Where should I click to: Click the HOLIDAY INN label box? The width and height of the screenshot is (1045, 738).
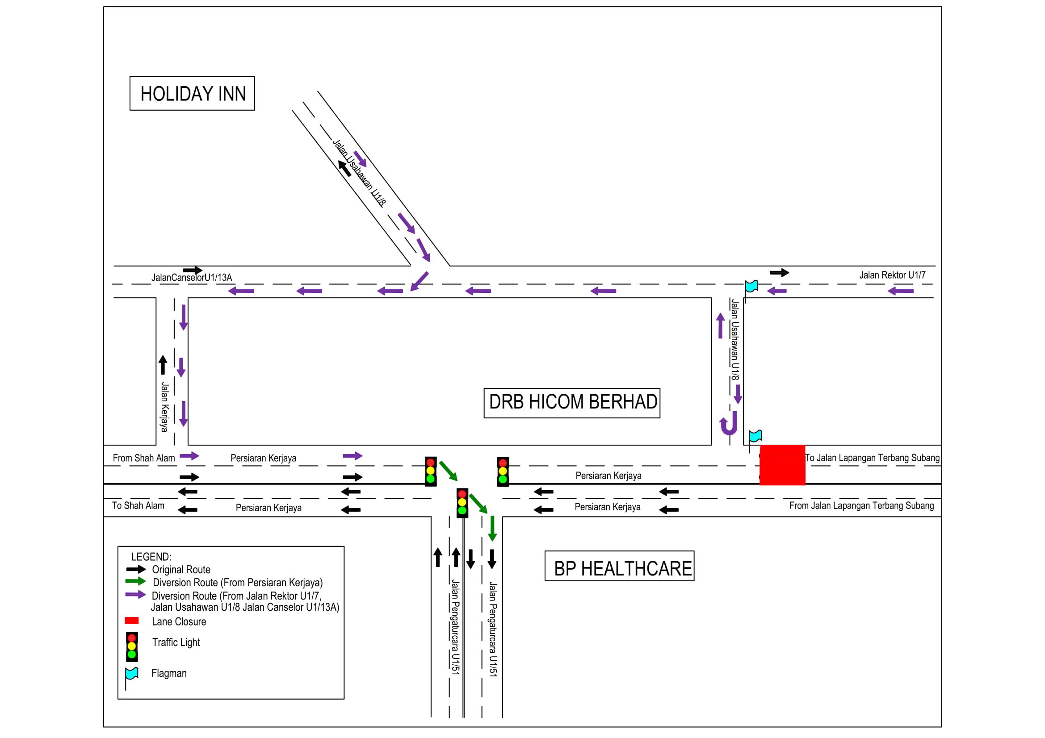point(192,93)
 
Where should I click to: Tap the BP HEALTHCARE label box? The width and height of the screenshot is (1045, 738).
point(619,566)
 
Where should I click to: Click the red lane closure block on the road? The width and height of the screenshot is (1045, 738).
point(782,465)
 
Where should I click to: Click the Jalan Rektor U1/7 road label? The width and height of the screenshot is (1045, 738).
point(892,275)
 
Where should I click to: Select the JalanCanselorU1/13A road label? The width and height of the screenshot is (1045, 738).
point(192,277)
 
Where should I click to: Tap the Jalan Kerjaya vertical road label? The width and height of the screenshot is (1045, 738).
point(164,407)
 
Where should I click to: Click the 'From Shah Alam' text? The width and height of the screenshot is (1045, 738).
point(144,458)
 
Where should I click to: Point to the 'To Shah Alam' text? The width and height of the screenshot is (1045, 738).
point(138,505)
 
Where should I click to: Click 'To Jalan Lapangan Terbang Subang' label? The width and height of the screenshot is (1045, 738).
point(872,458)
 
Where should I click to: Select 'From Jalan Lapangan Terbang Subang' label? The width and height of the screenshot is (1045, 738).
point(861,505)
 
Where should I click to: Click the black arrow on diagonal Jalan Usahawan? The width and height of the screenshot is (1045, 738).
point(344,168)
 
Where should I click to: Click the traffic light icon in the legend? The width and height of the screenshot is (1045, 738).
point(132,646)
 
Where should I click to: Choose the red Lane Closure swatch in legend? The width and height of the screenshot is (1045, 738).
point(131,621)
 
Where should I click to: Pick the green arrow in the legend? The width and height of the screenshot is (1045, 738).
point(136,581)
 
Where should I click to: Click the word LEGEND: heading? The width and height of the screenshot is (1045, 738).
point(151,557)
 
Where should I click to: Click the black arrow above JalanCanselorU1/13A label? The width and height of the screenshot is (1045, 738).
point(193,270)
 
